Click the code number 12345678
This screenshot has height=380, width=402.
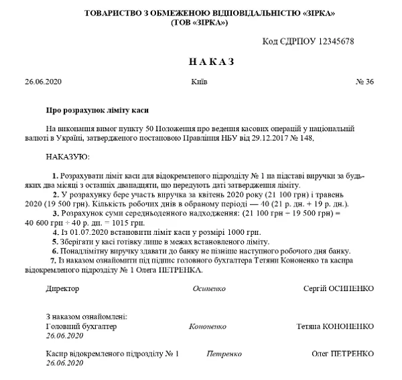pyautogui.click(x=332, y=41)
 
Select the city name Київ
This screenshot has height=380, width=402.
pyautogui.click(x=199, y=82)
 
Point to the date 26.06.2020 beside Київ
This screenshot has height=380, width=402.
pyautogui.click(x=43, y=82)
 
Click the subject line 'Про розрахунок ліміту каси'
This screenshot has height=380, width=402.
pyautogui.click(x=96, y=109)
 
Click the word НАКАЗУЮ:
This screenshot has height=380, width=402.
pyautogui.click(x=68, y=157)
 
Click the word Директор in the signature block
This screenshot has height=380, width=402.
pyautogui.click(x=62, y=288)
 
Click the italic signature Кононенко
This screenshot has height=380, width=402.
pyautogui.click(x=208, y=326)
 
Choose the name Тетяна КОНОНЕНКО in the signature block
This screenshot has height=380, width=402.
pyautogui.click(x=335, y=326)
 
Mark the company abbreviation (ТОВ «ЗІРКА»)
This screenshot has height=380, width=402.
pyautogui.click(x=200, y=23)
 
